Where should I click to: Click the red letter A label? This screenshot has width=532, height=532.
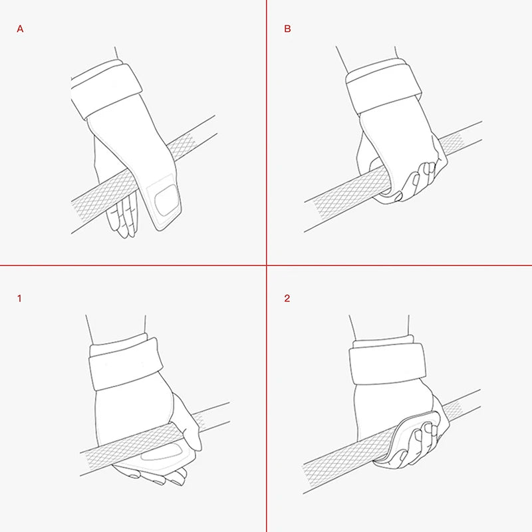(20, 29)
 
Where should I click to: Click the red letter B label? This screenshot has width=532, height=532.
(287, 29)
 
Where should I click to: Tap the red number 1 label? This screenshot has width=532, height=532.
(19, 299)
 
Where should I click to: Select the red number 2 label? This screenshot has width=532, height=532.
(287, 299)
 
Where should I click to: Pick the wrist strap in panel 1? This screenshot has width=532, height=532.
(126, 363)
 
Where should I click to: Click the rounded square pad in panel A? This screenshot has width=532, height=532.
(166, 199)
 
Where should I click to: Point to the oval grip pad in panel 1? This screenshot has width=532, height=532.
(160, 452)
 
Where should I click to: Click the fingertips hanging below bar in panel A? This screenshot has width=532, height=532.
(124, 215)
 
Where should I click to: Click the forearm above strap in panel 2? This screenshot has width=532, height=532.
(380, 327)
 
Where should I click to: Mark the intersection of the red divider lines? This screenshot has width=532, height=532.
(267, 265)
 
